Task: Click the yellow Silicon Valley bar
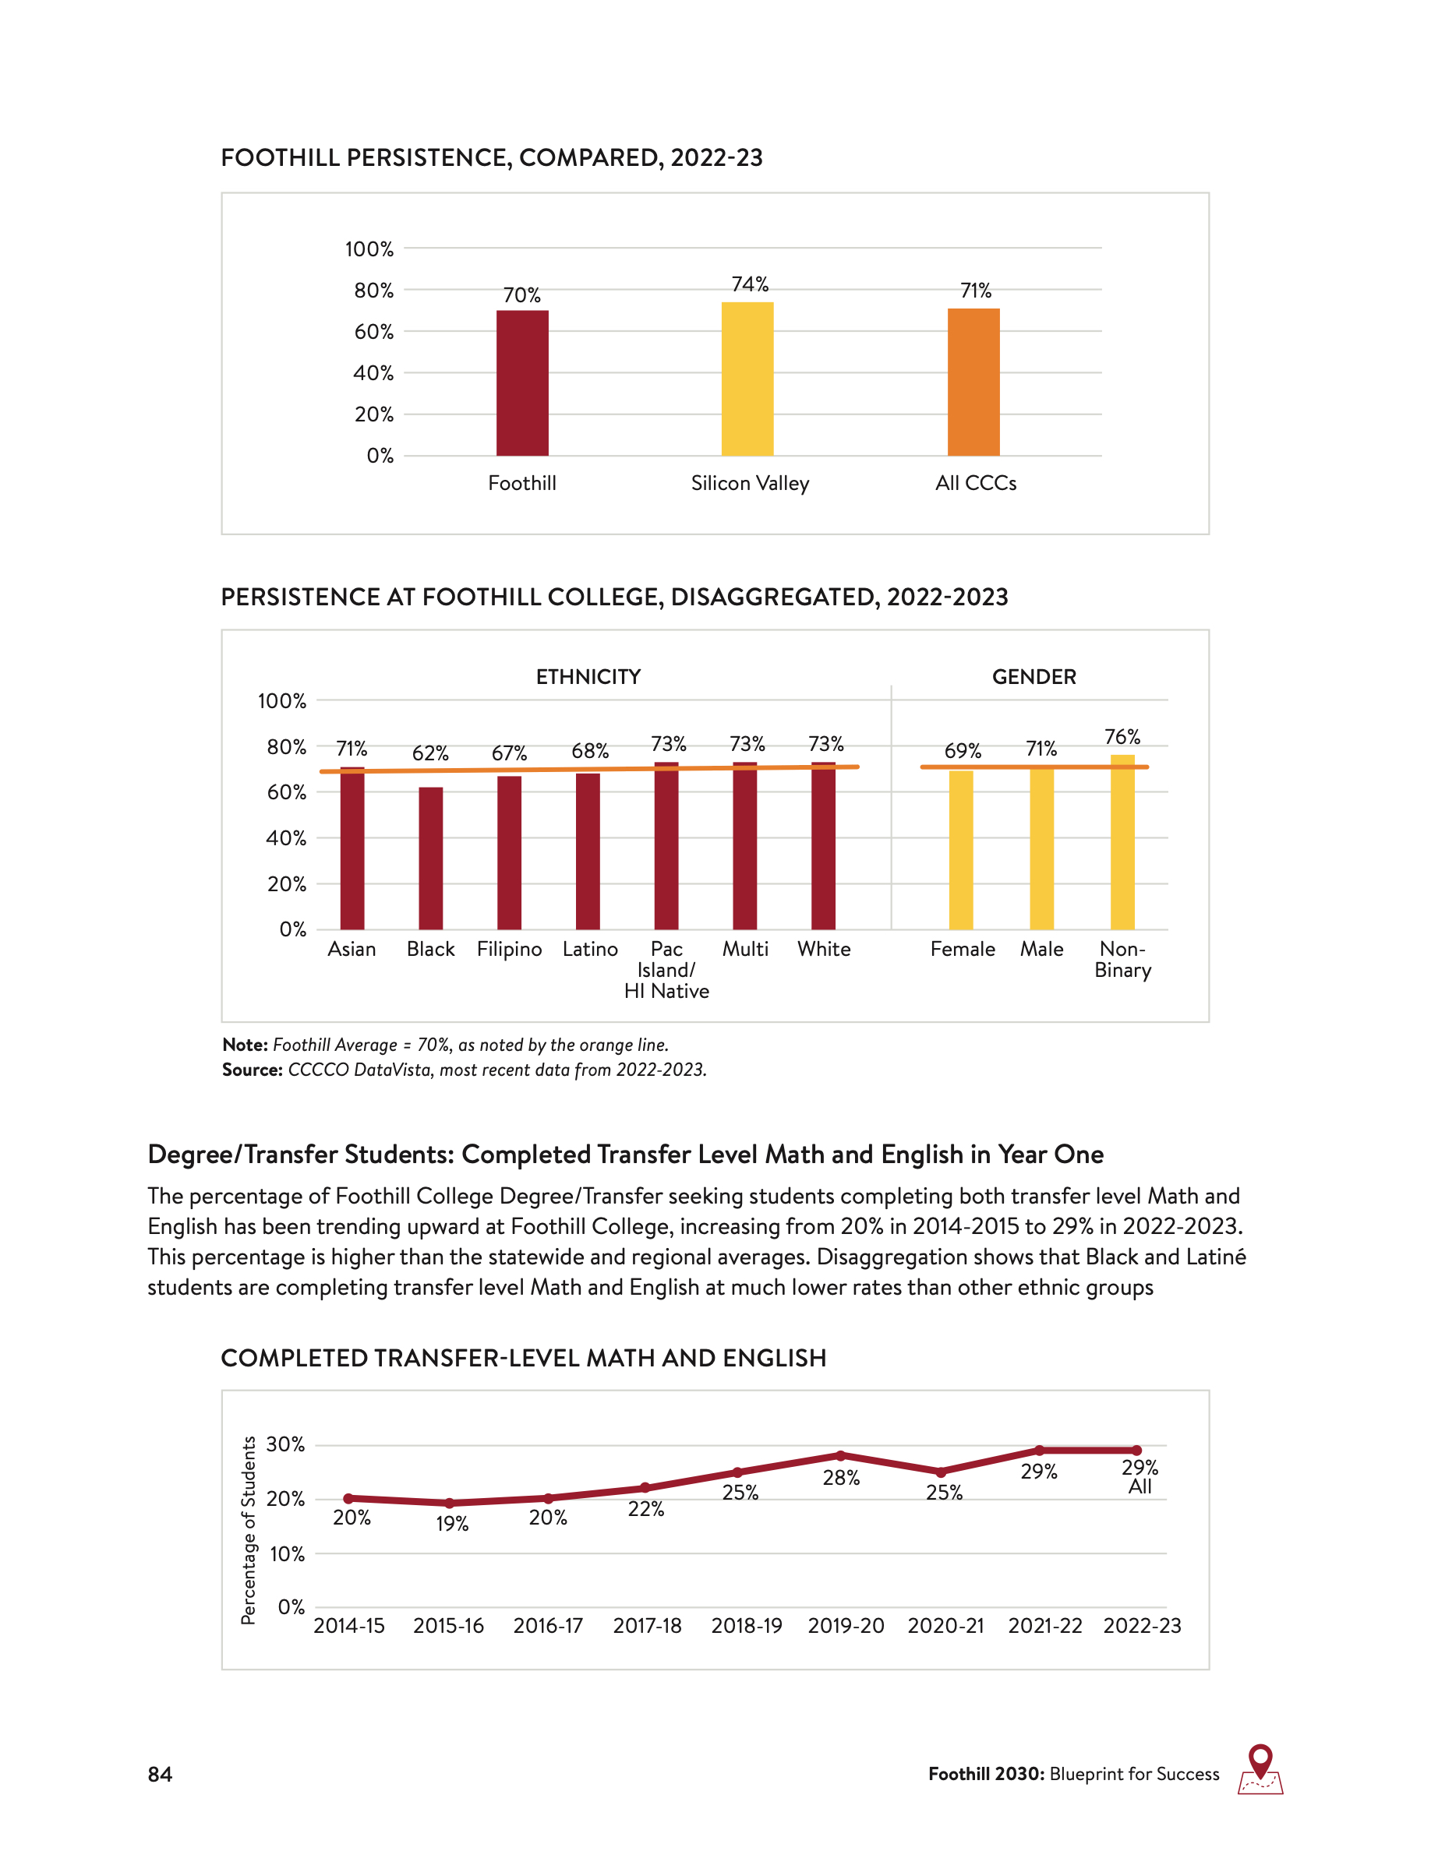pyautogui.click(x=747, y=379)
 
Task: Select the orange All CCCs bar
pyautogui.click(x=973, y=383)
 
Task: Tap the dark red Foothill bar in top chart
pyautogui.click(x=522, y=383)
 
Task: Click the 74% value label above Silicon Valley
pyautogui.click(x=750, y=284)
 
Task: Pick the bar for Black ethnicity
pyautogui.click(x=431, y=858)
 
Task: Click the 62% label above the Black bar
pyautogui.click(x=431, y=753)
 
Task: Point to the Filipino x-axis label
pyautogui.click(x=509, y=949)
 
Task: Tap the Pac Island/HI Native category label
pyautogui.click(x=666, y=970)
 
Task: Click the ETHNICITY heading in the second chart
pyautogui.click(x=588, y=677)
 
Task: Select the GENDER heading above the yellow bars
pyautogui.click(x=1034, y=677)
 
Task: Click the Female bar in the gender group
pyautogui.click(x=960, y=849)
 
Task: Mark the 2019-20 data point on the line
pyautogui.click(x=840, y=1455)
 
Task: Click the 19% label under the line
pyautogui.click(x=452, y=1524)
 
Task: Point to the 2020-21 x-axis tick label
pyautogui.click(x=945, y=1626)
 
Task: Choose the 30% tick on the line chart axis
pyautogui.click(x=284, y=1444)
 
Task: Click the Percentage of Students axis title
pyautogui.click(x=248, y=1530)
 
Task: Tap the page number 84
pyautogui.click(x=161, y=1774)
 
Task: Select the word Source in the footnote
pyautogui.click(x=252, y=1070)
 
